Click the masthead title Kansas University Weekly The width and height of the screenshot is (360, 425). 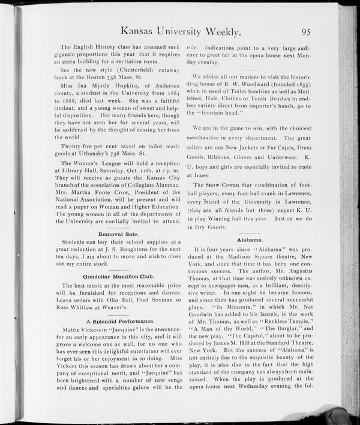(181, 31)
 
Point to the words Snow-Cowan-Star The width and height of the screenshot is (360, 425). (232, 185)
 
